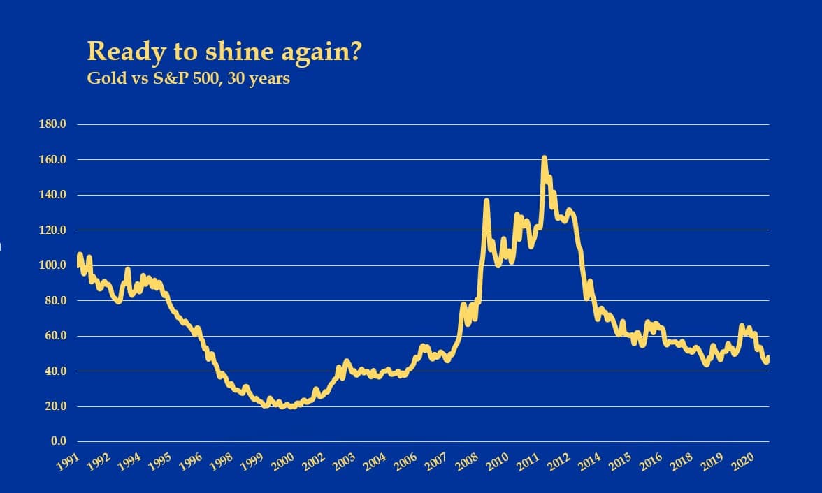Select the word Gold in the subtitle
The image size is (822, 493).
(102, 78)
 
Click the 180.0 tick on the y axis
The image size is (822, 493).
(53, 125)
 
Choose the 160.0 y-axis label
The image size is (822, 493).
(53, 160)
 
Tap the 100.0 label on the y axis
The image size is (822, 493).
(53, 265)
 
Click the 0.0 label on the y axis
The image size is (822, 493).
(57, 442)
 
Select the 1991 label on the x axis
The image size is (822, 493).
(69, 462)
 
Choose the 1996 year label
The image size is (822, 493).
(192, 462)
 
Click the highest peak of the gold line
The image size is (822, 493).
(544, 159)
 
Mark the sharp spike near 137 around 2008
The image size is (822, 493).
(486, 202)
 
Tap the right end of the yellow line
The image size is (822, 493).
(768, 358)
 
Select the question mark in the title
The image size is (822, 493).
(353, 52)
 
